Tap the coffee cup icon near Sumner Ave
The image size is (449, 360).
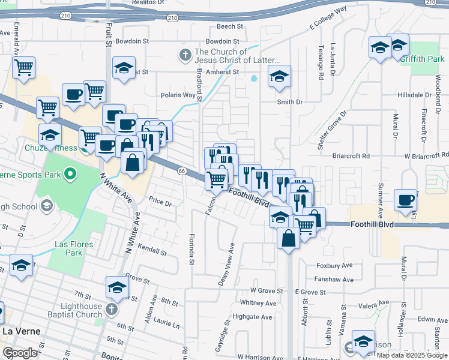405,200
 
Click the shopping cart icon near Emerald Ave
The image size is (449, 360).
23,68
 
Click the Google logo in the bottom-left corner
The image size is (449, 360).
20,352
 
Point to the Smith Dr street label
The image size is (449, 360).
289,102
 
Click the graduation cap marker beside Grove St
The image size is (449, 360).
117,288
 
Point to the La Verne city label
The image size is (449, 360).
20,331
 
